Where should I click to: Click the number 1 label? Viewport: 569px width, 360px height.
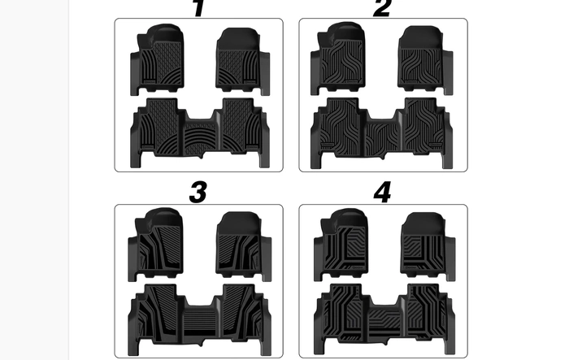pos(198,8)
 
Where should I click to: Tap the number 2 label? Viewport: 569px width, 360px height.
pos(382,8)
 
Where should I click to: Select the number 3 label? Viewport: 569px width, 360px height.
pos(198,193)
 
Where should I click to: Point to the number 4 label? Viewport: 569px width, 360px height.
pos(382,193)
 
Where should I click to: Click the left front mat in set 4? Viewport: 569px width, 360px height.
pos(341,245)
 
